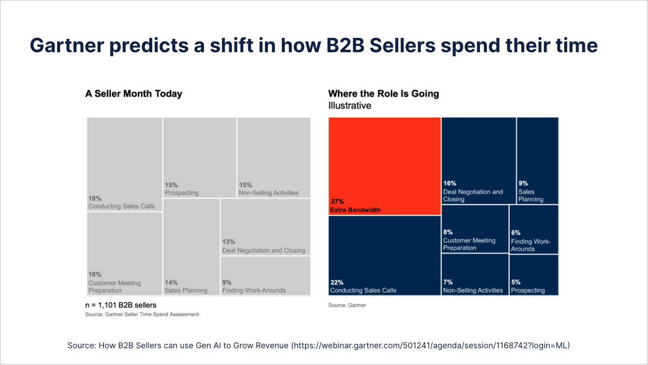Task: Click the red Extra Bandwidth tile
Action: click(x=384, y=166)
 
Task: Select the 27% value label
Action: click(x=338, y=201)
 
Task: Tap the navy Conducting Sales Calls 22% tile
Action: click(x=384, y=255)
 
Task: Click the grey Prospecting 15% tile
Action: click(x=200, y=157)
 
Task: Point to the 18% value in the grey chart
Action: click(x=95, y=198)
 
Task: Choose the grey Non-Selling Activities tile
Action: click(x=273, y=157)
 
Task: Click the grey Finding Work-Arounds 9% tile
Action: click(x=266, y=276)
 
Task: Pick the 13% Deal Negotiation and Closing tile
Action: click(x=266, y=227)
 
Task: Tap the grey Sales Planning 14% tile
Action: click(x=191, y=246)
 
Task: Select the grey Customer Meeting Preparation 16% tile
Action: click(x=125, y=253)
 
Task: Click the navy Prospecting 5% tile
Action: click(x=534, y=275)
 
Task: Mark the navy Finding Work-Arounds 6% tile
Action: click(x=534, y=229)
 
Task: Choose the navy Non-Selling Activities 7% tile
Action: click(x=475, y=274)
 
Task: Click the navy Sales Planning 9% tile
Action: click(x=538, y=161)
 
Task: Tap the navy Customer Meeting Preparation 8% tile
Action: click(x=475, y=229)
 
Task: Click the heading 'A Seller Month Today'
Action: click(x=134, y=94)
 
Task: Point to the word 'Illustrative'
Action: click(x=349, y=105)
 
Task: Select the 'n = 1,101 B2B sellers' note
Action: click(x=121, y=305)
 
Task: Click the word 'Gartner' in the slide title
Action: click(x=67, y=45)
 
